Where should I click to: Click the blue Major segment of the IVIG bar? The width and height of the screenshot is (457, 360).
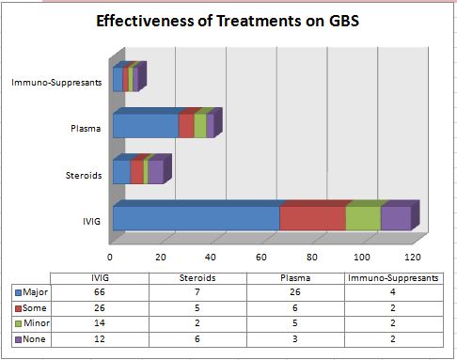coord(197,218)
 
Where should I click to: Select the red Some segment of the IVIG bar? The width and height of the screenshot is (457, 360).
coord(313,218)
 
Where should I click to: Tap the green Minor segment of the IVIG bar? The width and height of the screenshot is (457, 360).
coord(363,218)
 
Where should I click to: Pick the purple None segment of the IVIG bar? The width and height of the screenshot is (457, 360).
coord(396,218)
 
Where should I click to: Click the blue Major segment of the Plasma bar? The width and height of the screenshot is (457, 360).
coord(146,126)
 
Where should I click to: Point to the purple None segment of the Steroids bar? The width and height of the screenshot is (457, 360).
coord(156,172)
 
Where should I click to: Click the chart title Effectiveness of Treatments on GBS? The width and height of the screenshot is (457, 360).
coord(228,21)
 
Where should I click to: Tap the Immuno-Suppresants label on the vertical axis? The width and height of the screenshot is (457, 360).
coord(56,83)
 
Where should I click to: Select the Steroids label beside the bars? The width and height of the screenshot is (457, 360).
coord(84,175)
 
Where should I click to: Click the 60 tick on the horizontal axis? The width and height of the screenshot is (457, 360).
coord(261,258)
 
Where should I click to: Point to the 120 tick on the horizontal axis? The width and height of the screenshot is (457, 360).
coord(413,258)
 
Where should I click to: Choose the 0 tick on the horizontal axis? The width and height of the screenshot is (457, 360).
coord(110,258)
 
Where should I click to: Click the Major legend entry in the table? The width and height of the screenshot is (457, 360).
coord(32,292)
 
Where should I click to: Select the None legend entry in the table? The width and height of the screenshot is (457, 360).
coord(30,339)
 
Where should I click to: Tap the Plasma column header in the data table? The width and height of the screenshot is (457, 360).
coord(295,278)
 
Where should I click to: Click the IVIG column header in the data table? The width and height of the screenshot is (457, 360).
coord(100,278)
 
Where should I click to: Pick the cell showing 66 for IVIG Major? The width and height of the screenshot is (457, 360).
coord(100,292)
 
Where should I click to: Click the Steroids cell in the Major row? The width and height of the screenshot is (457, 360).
coord(197,292)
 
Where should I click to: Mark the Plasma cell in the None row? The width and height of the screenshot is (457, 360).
coord(295,339)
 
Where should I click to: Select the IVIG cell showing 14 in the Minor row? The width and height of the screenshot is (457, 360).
coord(100,323)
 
